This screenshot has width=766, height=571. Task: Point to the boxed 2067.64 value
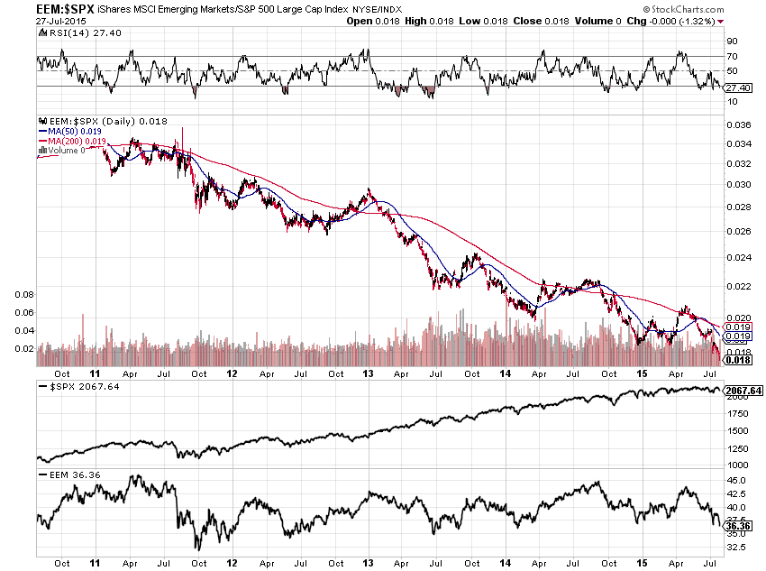[744, 391]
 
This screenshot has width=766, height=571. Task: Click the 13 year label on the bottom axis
[368, 373]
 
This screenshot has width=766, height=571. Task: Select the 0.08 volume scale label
[24, 294]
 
